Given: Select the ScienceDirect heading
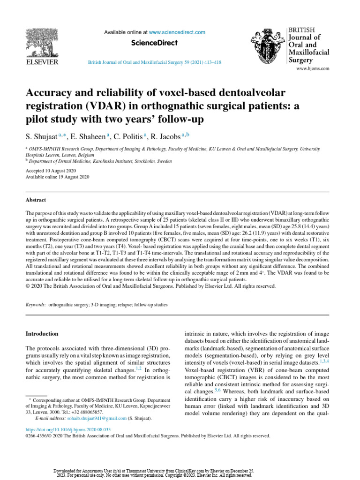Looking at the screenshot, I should tap(154, 43).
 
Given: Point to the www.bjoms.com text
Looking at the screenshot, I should tap(312, 68).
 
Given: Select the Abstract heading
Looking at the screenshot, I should tap(36, 200).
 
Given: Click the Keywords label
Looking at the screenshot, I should tap(36, 305).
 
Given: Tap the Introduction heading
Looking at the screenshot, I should tap(42, 334).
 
